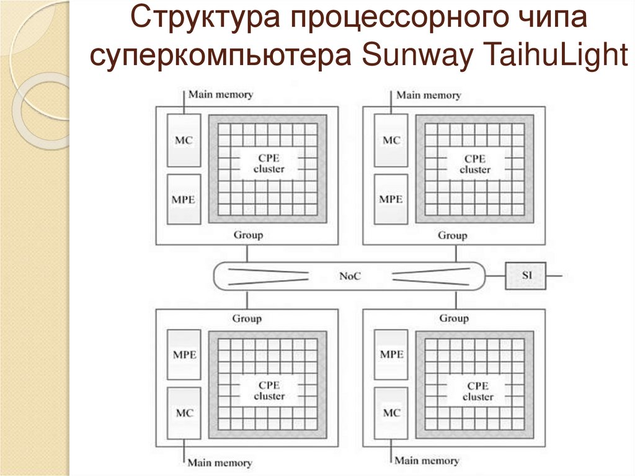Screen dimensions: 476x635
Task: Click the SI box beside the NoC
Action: click(x=526, y=276)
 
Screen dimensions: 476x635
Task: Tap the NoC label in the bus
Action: click(x=350, y=276)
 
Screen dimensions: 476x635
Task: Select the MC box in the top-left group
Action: click(x=184, y=140)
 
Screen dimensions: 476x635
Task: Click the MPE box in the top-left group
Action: click(x=184, y=199)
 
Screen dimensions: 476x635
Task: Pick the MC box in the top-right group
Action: click(x=391, y=140)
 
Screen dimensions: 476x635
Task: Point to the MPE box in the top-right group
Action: click(x=391, y=199)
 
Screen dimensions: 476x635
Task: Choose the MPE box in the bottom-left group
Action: click(x=184, y=354)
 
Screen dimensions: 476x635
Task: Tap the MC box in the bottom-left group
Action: click(x=184, y=413)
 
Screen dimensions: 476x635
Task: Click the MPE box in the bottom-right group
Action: click(x=391, y=354)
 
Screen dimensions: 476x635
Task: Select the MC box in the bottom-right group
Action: click(x=391, y=413)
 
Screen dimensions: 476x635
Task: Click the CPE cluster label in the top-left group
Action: click(x=269, y=164)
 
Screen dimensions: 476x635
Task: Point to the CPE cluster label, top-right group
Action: click(x=476, y=164)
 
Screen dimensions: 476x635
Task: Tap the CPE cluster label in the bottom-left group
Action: click(x=269, y=391)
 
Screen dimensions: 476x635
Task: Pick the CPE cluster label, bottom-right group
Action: click(x=476, y=391)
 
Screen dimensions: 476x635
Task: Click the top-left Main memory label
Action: click(x=221, y=95)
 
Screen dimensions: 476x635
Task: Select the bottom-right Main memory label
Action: click(x=427, y=461)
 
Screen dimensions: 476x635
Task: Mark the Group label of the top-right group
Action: click(x=453, y=236)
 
